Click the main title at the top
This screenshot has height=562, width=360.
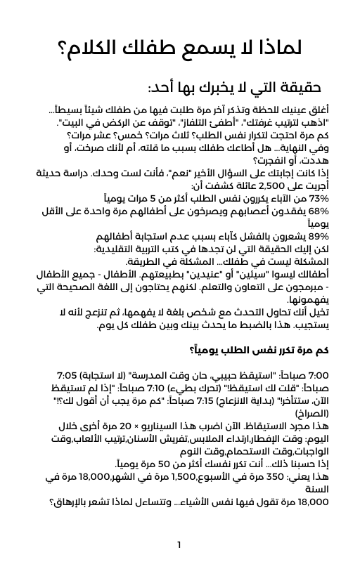pos(179,49)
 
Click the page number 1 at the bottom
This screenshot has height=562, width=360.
pos(179,544)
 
